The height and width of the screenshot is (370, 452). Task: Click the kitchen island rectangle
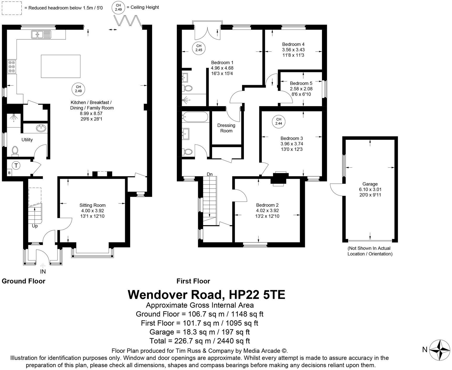[60, 66]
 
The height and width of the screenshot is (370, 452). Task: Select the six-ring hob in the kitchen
[12, 67]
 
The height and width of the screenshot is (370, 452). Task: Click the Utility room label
[27, 140]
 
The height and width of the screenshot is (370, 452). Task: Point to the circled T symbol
[16, 166]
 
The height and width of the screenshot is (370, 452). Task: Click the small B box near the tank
[9, 173]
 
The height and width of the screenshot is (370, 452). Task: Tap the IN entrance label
[43, 272]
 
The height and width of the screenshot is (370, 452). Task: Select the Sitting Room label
[93, 205]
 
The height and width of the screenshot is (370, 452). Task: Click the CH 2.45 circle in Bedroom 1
[199, 48]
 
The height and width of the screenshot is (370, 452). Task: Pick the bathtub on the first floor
[195, 117]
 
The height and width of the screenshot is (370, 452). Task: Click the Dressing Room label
[226, 128]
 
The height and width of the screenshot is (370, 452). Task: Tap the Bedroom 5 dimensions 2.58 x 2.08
[301, 89]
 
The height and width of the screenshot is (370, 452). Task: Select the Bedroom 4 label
[293, 44]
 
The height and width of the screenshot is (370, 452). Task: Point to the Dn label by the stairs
[209, 174]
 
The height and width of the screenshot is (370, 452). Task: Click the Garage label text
[370, 184]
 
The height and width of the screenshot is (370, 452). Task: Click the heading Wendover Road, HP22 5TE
[206, 295]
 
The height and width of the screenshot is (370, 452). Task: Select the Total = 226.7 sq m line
[199, 341]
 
